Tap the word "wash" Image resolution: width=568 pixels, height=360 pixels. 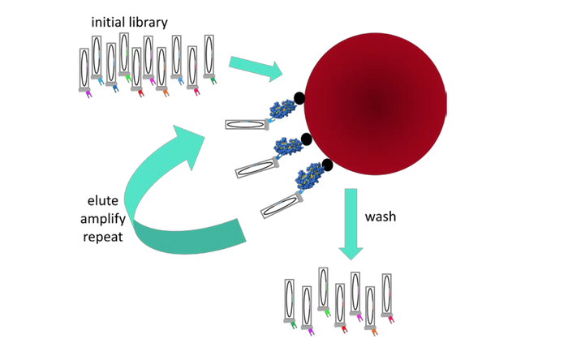[381, 217]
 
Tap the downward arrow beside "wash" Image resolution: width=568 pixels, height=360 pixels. [351, 224]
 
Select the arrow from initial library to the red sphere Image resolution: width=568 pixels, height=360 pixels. [255, 68]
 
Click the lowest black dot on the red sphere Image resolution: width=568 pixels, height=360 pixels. [327, 165]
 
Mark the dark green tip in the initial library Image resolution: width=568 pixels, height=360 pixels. [213, 80]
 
